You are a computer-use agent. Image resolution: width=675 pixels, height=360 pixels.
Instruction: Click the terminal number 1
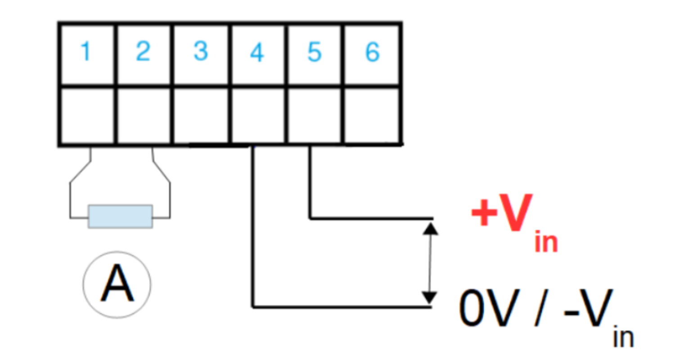tap(85, 52)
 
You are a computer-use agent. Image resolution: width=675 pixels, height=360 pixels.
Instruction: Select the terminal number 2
tap(143, 52)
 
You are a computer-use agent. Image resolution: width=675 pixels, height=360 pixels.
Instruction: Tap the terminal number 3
tap(201, 52)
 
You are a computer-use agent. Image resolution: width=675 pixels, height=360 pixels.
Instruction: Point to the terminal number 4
tap(257, 53)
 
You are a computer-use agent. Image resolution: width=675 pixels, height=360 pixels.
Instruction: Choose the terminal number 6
tap(372, 52)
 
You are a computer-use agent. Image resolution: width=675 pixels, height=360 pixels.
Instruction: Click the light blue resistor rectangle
tap(120, 216)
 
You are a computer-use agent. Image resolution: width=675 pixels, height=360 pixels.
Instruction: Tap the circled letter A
tap(117, 284)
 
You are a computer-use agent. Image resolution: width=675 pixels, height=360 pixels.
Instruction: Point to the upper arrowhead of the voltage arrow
tap(431, 229)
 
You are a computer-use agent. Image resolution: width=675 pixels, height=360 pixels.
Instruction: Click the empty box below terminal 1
tap(87, 115)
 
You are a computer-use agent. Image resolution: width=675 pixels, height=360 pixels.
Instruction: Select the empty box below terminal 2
tap(144, 115)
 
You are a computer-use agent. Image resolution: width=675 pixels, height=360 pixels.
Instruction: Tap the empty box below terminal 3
tap(201, 115)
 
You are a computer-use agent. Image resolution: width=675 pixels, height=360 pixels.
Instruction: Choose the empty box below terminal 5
tap(315, 115)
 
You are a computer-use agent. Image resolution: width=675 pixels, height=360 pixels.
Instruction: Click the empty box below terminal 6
tap(372, 115)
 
